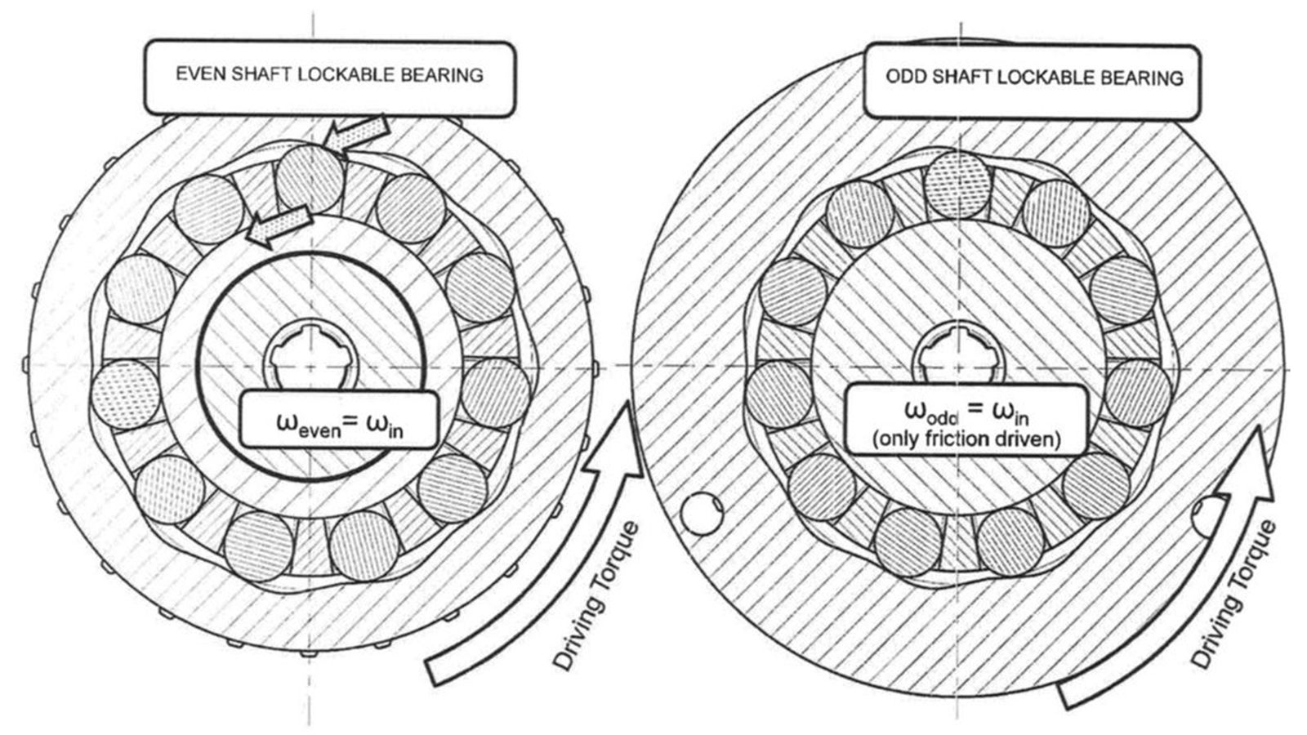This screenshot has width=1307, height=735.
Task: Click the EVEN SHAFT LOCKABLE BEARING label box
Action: click(x=329, y=77)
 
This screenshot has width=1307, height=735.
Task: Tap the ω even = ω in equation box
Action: click(x=339, y=420)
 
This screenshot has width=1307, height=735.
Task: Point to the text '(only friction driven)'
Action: click(x=966, y=439)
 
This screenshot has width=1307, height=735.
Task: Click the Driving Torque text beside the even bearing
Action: click(x=597, y=596)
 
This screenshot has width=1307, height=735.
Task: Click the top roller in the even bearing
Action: click(x=310, y=180)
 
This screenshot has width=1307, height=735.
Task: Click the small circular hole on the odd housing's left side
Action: click(x=702, y=514)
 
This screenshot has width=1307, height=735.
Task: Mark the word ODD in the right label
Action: click(x=905, y=78)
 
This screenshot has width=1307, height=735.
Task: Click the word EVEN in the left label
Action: click(x=199, y=74)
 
